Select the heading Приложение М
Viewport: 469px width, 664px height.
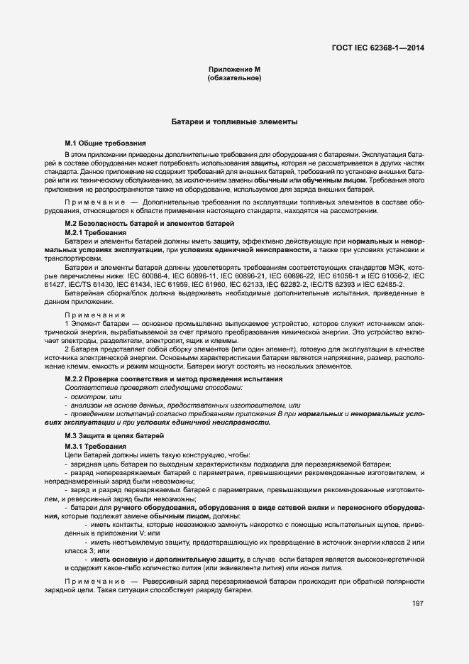(234, 69)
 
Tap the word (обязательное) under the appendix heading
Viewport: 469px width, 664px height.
(234, 77)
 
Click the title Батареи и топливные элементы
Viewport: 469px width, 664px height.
(234, 122)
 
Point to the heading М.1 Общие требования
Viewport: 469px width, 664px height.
(105, 143)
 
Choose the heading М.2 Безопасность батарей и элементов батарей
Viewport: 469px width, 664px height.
(149, 224)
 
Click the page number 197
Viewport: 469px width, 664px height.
(417, 604)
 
